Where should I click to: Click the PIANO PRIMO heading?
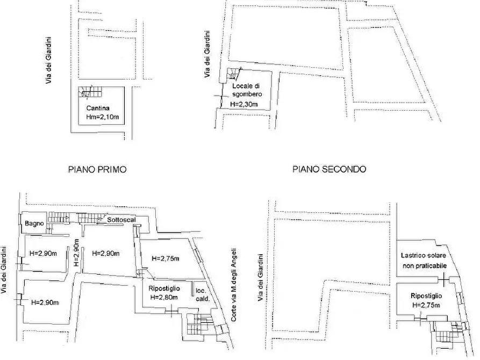click(97, 169)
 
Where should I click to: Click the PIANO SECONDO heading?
click(329, 169)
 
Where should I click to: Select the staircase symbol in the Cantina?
click(88, 93)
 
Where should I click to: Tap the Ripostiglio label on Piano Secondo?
click(426, 296)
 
